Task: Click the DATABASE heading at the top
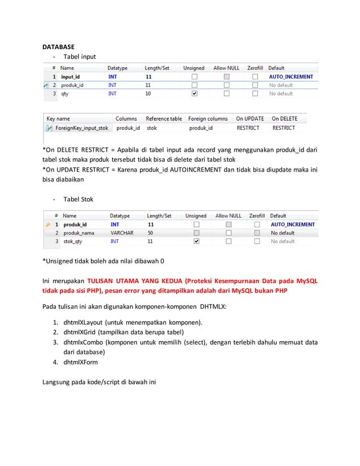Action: coord(59,46)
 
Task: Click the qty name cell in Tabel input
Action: coord(65,94)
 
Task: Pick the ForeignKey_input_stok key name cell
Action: coord(81,128)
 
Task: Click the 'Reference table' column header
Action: coord(164,118)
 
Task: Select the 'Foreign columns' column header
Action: coord(208,118)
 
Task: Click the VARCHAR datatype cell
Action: coord(122,232)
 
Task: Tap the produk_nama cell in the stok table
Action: coord(78,232)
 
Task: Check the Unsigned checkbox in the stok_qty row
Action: coord(196,241)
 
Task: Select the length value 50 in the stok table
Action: coord(150,232)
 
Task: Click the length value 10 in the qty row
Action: coord(148,94)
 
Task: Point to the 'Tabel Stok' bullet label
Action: coord(78,199)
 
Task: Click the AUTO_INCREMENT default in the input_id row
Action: coord(291,77)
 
